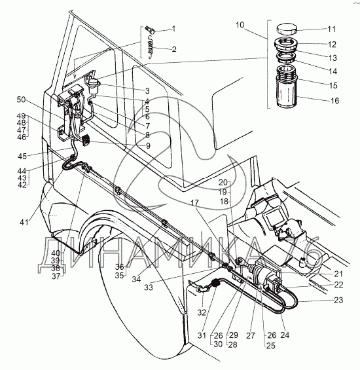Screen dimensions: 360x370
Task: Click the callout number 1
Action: [x=173, y=29]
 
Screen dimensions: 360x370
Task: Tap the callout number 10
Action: [x=240, y=25]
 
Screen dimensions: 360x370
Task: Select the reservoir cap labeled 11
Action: [x=287, y=29]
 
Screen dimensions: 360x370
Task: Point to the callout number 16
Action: [x=334, y=101]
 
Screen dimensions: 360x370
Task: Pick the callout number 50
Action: [x=21, y=100]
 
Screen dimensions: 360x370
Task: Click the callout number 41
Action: [x=24, y=222]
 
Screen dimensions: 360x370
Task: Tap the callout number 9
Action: [x=148, y=145]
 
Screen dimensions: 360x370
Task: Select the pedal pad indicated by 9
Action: [x=84, y=139]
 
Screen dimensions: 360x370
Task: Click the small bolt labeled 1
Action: [x=150, y=29]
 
